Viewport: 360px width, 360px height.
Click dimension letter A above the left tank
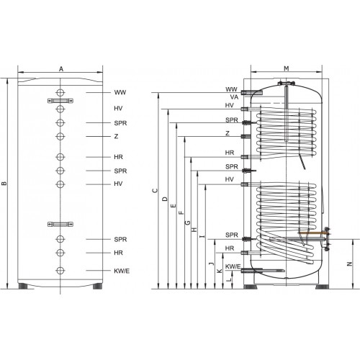coord(61,69)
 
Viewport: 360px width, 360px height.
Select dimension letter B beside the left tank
coord(4,184)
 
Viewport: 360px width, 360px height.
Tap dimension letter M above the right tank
coord(287,68)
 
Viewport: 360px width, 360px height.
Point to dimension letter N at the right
coord(350,264)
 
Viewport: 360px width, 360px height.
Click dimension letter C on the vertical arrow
coord(156,191)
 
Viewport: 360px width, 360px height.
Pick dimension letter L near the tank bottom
coord(230,279)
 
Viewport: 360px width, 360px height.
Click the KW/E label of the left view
coord(122,271)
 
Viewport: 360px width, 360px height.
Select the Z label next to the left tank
coord(116,136)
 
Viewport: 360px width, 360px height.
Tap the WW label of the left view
coord(120,92)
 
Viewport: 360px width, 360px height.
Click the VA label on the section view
coord(234,97)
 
